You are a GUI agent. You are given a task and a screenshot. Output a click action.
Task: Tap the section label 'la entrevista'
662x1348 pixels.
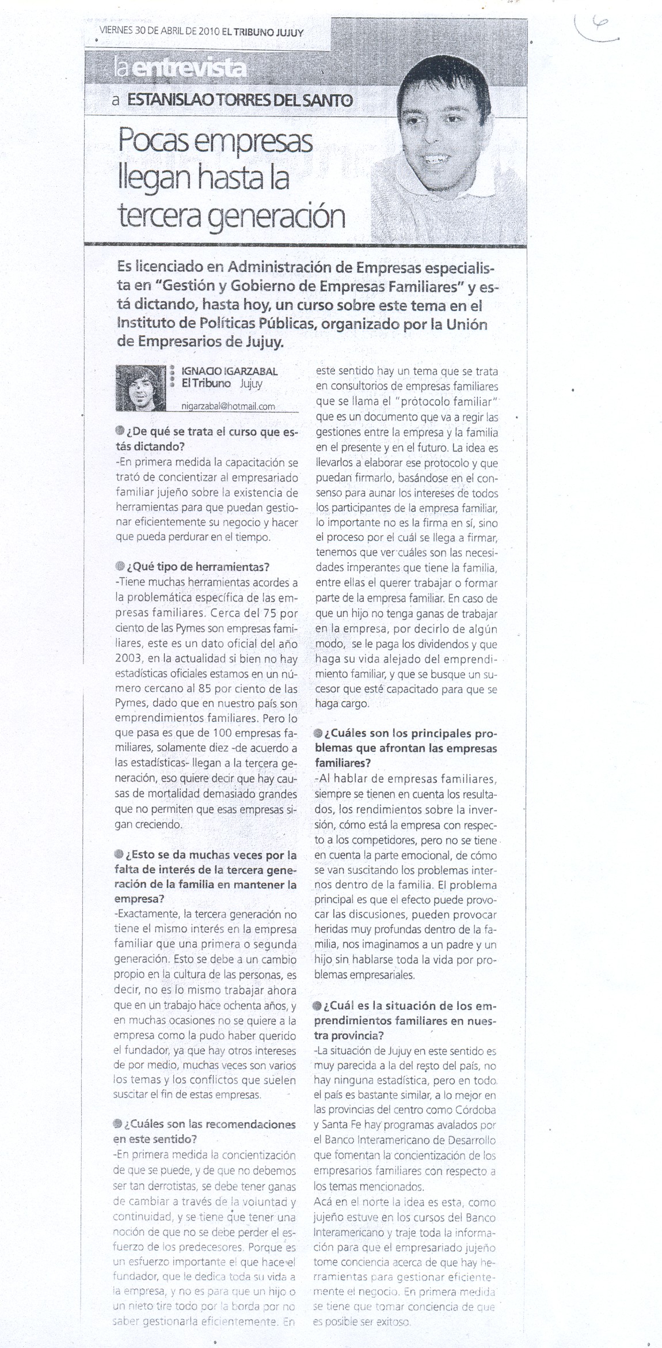[181, 70]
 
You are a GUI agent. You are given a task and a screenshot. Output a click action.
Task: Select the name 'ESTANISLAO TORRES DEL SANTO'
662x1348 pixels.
[239, 100]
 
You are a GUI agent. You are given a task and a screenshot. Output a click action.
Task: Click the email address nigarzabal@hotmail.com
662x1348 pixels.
[228, 406]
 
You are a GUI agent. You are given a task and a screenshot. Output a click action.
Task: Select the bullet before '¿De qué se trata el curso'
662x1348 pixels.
[119, 431]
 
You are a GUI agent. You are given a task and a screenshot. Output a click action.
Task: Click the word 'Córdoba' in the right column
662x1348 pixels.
[474, 1110]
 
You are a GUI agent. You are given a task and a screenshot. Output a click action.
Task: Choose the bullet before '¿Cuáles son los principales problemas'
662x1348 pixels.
[318, 733]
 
